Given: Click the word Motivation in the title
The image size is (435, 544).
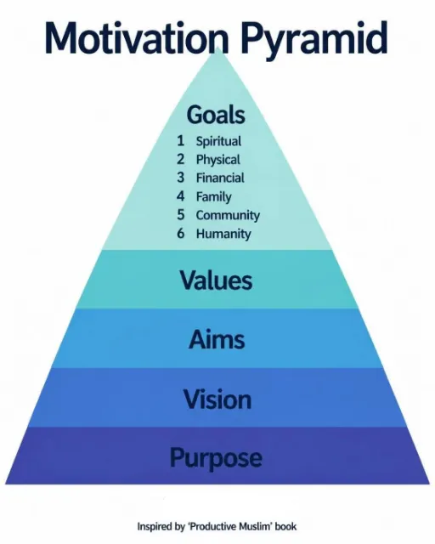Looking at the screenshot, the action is pos(136,37).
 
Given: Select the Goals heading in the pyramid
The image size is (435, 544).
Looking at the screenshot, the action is pos(216,115).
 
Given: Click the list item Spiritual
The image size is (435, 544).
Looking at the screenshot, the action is pos(218,142).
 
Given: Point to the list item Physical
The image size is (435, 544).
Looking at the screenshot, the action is pos(217,160).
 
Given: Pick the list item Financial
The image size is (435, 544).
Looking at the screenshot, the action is pos(220,178).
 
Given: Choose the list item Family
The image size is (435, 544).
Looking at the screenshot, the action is pos(214,197).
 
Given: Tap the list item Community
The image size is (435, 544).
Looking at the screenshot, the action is pos(228,215).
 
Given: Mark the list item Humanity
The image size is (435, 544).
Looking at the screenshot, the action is pos(223,234).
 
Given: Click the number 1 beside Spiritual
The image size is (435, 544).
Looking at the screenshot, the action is pos(180,141).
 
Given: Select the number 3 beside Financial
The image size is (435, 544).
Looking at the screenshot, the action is pos(180,178).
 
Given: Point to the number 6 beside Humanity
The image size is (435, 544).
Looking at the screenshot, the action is pos(180,233).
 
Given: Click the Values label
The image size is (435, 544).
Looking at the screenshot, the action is pos(216,280).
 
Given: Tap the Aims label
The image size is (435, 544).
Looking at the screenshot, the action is pos(217,339).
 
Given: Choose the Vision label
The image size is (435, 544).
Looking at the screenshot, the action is pos(217,399).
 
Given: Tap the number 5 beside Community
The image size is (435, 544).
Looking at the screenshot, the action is pos(180,215).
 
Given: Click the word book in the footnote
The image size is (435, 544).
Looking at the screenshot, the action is pos(285,527).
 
